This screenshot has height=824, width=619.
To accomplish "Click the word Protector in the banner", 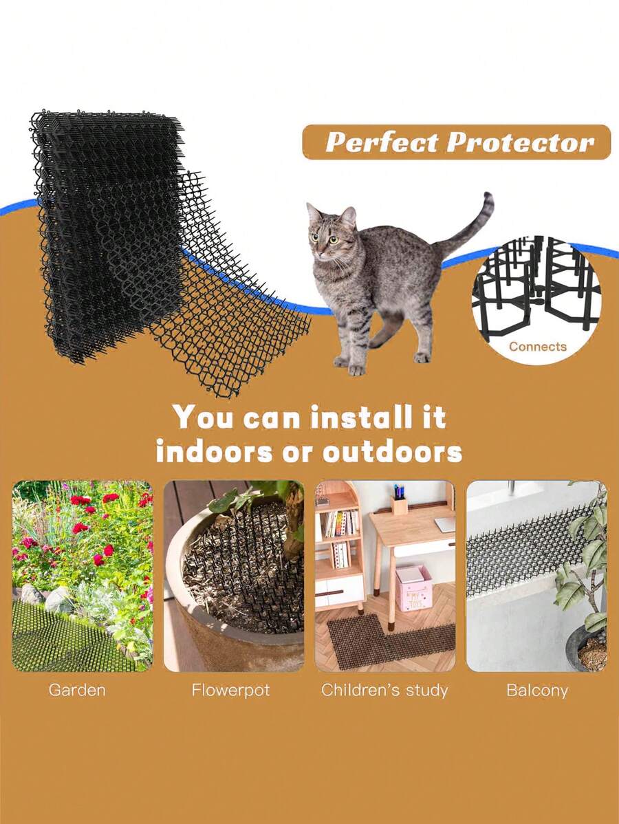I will coord(520,142).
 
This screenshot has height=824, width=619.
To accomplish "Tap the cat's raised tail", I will coord(475,224).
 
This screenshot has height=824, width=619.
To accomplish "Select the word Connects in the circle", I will coord(538,347).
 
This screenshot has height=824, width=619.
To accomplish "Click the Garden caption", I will coord(77,690).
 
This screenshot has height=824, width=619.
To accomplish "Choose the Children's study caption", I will coord(384,690).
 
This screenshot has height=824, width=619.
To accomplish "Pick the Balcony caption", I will coord(537,690).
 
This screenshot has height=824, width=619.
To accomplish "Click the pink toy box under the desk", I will coord(415,588).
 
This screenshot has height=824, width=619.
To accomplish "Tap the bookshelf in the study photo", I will coord(340,543).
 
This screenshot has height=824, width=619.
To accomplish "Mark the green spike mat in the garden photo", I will coord(62,640).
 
